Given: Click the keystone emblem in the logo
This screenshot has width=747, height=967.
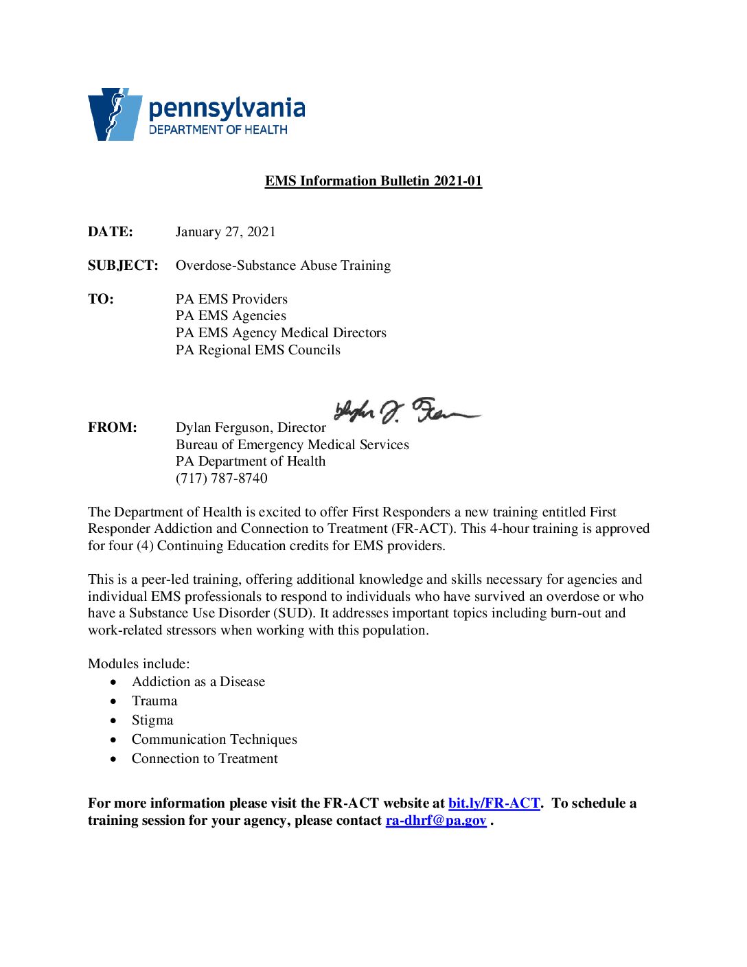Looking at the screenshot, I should [x=115, y=114].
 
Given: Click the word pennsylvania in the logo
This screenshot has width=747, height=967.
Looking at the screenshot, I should [x=227, y=109].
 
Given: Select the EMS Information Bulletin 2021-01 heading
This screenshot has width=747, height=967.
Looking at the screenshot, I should [x=373, y=181].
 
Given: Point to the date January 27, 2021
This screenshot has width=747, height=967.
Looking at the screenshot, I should [x=225, y=231].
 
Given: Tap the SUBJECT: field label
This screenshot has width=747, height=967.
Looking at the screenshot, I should [x=123, y=265].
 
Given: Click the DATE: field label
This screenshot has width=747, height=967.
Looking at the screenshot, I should [x=111, y=231].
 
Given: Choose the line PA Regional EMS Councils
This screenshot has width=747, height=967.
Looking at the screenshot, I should [x=257, y=350].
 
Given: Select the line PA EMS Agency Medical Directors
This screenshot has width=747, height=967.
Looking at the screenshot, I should [x=281, y=332].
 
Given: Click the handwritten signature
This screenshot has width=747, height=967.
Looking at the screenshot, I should [x=405, y=411].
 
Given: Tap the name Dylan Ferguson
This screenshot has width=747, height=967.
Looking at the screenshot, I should [x=223, y=427].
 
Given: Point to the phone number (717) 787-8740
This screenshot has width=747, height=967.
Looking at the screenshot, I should [x=221, y=478].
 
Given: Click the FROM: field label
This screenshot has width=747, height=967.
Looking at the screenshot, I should [x=112, y=427].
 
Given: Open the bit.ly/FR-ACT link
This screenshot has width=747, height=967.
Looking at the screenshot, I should [x=494, y=803].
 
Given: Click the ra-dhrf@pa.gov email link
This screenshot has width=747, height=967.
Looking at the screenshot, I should [x=436, y=820].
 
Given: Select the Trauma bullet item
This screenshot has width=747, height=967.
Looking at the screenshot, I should [x=154, y=701].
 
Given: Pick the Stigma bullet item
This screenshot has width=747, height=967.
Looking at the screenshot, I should [x=152, y=720].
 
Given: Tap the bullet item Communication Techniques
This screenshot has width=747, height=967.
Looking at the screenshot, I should [x=214, y=739].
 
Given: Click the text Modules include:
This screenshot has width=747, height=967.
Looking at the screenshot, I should [x=139, y=663].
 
